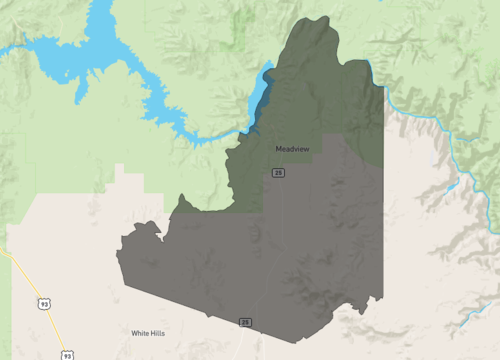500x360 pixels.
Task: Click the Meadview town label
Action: click(x=292, y=149)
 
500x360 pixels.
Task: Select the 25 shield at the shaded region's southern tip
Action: click(x=244, y=321)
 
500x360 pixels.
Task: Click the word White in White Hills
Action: click(x=142, y=332)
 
